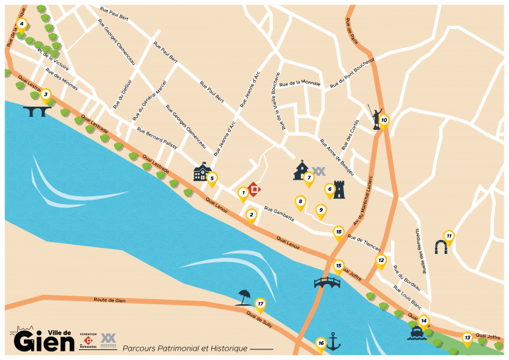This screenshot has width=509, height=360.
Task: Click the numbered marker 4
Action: (x=21, y=25)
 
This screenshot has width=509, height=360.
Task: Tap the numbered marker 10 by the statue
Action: (x=384, y=121)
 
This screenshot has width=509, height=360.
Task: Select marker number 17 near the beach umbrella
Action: (x=260, y=304)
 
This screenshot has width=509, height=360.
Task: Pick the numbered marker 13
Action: (x=467, y=338)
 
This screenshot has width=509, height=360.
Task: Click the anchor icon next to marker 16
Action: (x=333, y=342)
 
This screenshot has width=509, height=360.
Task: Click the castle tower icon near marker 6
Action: (x=339, y=190)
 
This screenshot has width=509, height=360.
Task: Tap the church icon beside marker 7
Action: (x=301, y=170)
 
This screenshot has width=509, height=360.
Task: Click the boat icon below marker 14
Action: (x=417, y=333)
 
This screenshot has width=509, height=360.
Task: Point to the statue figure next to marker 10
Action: (x=374, y=117)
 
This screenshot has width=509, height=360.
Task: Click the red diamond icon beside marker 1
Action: (x=253, y=189)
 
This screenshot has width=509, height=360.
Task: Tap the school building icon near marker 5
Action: (x=201, y=172)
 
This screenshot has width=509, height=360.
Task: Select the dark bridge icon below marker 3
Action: (x=37, y=111)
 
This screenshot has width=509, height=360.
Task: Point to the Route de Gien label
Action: (x=109, y=300)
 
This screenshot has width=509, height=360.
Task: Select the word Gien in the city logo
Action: (x=44, y=342)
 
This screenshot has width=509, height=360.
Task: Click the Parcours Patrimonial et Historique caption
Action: (x=185, y=348)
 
